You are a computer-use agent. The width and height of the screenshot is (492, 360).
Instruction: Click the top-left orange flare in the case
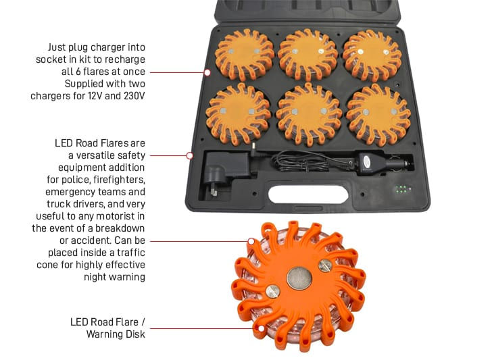point(244,54)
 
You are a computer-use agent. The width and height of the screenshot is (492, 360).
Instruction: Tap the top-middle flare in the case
point(307,54)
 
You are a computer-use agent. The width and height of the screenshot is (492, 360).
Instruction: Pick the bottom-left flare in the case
point(238,113)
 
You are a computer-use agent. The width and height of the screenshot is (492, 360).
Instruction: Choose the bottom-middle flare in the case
point(309,113)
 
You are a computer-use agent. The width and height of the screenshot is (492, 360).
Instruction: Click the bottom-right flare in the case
point(378,113)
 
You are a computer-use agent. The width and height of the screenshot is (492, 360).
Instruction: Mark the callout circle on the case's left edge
point(207,72)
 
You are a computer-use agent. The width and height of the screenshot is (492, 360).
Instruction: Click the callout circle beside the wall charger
point(190,155)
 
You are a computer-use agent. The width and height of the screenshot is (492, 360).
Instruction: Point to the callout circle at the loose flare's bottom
point(259,329)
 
